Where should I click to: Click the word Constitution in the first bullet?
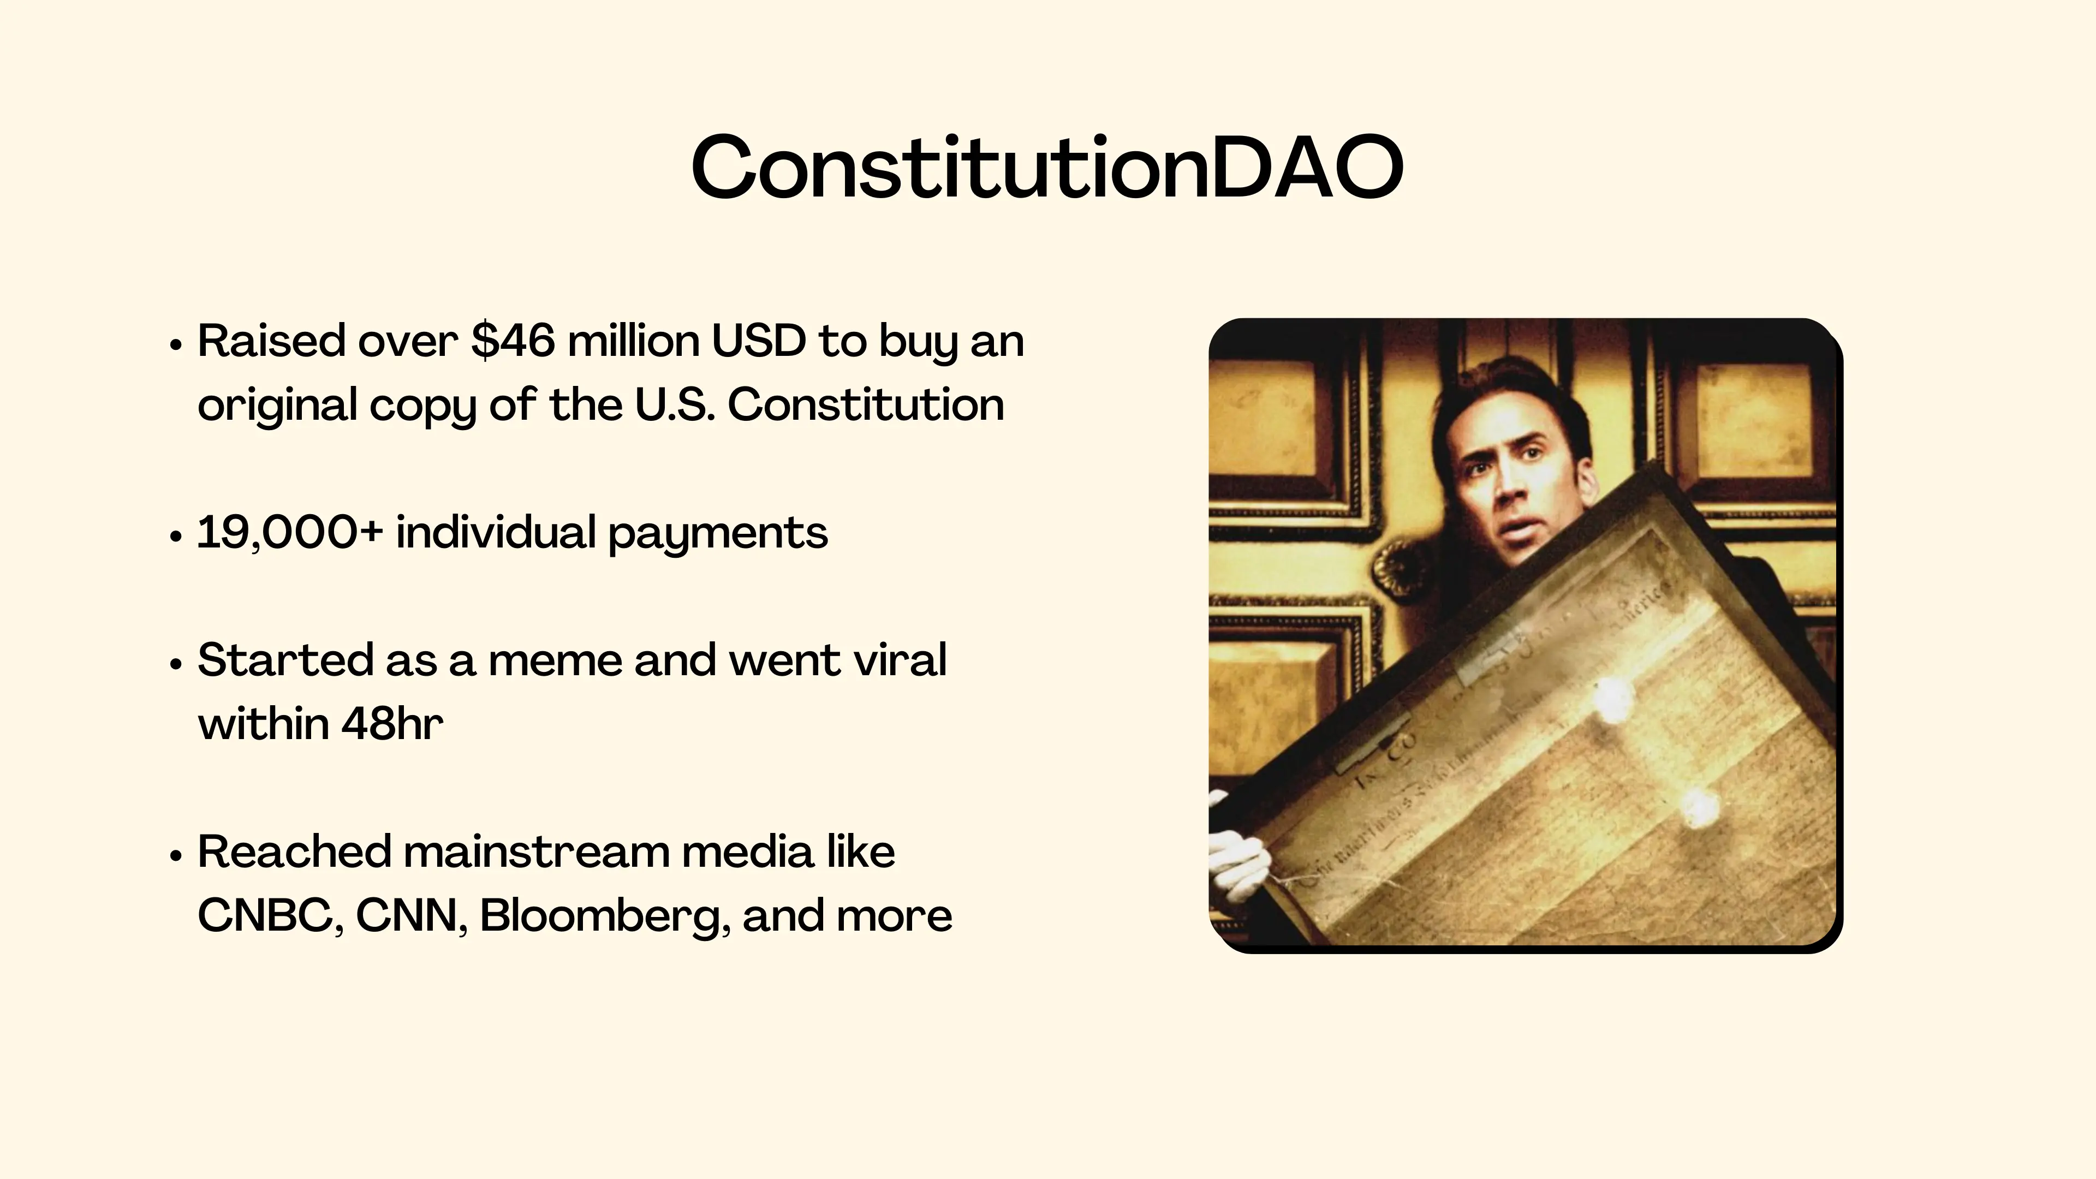[x=866, y=404]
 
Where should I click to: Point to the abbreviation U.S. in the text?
[x=675, y=404]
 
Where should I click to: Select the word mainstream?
[x=535, y=853]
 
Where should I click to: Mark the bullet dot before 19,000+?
[x=175, y=537]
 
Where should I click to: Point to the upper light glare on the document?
[x=1610, y=698]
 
